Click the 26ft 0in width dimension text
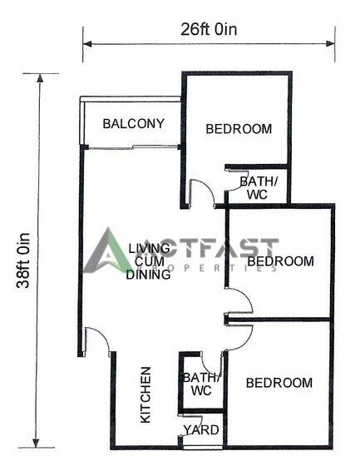click(209, 30)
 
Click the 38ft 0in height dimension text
click(23, 260)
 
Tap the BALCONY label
click(134, 123)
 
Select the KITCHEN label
click(145, 395)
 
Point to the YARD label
click(201, 430)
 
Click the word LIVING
click(149, 248)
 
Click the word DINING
click(148, 275)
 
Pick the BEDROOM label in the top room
click(239, 129)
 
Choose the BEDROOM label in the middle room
click(280, 261)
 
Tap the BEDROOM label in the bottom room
click(279, 383)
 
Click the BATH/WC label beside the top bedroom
click(258, 188)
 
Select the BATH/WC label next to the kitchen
click(201, 384)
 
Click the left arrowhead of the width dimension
click(87, 44)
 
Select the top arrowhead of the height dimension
click(40, 78)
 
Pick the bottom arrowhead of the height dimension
click(36, 443)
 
